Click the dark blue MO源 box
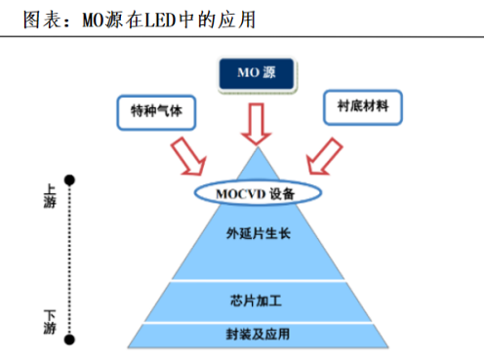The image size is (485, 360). [x=257, y=72]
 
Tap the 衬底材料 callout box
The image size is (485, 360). [x=361, y=106]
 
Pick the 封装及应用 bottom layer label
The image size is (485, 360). [x=257, y=333]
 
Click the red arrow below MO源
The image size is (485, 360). [x=257, y=121]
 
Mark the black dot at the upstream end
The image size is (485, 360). [x=69, y=180]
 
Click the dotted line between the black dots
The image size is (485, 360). [x=69, y=259]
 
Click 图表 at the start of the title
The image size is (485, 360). [x=30, y=18]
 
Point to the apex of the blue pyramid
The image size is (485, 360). [x=257, y=148]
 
